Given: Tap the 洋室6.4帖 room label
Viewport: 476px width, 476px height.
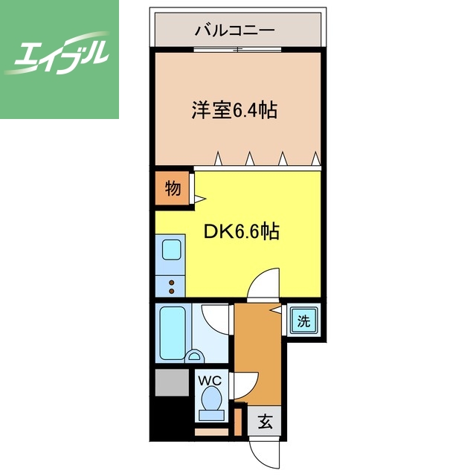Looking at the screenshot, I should [234, 111].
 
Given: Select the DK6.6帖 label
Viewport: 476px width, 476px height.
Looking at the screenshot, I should [242, 231].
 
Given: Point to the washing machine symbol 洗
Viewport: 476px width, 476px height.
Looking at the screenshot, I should [303, 321].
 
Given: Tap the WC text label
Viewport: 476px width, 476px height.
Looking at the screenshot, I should [211, 380].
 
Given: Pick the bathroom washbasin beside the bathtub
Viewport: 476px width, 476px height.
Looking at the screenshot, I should [196, 356].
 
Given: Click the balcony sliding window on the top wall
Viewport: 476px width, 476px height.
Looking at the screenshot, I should [238, 50].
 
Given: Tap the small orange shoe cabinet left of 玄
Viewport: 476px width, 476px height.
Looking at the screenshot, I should [238, 419].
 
